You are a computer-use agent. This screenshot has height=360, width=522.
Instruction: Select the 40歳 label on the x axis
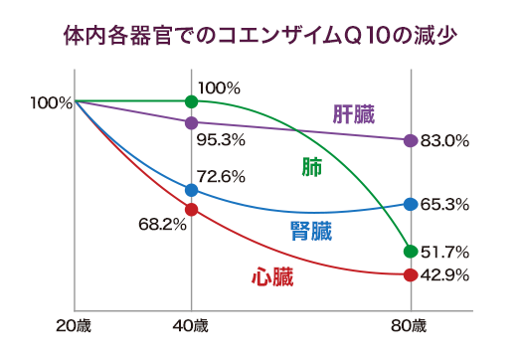(x=191, y=325)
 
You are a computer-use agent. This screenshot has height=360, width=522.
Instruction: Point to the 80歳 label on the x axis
(x=409, y=325)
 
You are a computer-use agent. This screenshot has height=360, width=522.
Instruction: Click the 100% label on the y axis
(x=50, y=101)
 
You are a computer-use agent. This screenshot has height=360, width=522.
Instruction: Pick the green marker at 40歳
(x=191, y=101)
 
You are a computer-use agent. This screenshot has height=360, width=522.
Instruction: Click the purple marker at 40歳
(x=191, y=122)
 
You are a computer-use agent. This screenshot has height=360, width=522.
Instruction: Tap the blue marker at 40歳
(x=191, y=189)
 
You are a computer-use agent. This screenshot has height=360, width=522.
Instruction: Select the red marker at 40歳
(x=191, y=209)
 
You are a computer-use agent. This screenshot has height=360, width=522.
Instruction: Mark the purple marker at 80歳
(x=409, y=140)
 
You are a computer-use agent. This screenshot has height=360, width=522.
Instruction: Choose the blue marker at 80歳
(x=409, y=204)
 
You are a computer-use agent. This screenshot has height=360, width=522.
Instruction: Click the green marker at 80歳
(x=409, y=251)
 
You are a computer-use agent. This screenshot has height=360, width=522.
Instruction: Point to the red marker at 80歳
(x=409, y=274)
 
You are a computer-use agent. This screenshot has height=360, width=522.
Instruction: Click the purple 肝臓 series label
(x=353, y=114)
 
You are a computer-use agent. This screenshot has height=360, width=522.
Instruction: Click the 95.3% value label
(x=221, y=138)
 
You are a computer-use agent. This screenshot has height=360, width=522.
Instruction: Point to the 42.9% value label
(x=444, y=275)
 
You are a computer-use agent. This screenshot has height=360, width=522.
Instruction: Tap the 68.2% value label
(x=162, y=225)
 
